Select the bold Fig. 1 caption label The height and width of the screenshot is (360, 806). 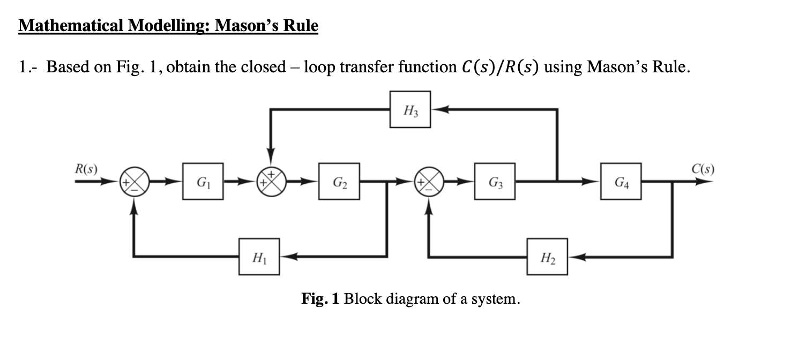[320, 298]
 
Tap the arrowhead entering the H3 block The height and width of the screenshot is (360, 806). [436, 109]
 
